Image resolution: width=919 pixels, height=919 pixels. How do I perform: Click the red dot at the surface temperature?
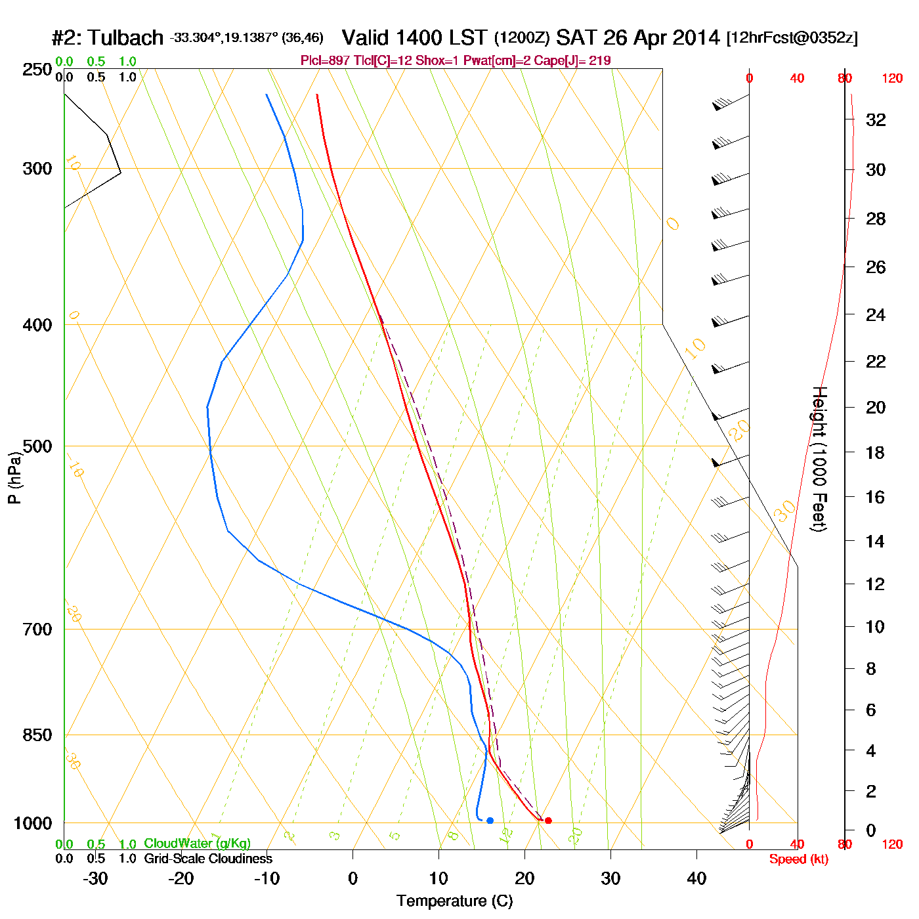pyautogui.click(x=548, y=821)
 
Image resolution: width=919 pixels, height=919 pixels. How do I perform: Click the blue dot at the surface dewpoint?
pyautogui.click(x=490, y=821)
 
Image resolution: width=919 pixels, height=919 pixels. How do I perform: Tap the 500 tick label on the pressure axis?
pyautogui.click(x=37, y=446)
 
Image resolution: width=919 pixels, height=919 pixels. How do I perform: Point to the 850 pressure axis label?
pyautogui.click(x=37, y=735)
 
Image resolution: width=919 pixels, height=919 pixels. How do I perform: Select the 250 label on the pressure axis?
pyautogui.click(x=37, y=70)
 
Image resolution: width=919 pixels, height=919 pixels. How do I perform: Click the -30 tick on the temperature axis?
pyautogui.click(x=95, y=878)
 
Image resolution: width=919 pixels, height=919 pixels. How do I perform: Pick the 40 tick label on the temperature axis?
pyautogui.click(x=696, y=878)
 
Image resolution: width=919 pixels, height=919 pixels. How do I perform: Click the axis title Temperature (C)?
pyautogui.click(x=454, y=901)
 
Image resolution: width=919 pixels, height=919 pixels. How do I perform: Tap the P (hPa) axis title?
pyautogui.click(x=14, y=477)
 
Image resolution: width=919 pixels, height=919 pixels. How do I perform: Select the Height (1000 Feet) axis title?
pyautogui.click(x=819, y=459)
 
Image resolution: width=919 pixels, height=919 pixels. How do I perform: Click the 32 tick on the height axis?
pyautogui.click(x=876, y=120)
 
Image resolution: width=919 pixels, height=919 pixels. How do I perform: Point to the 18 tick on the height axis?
pyautogui.click(x=875, y=452)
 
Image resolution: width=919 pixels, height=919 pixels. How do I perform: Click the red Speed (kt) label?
pyautogui.click(x=799, y=859)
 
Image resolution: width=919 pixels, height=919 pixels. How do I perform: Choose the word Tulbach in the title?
pyautogui.click(x=125, y=38)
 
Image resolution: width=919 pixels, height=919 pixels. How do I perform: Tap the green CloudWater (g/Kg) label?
pyautogui.click(x=197, y=844)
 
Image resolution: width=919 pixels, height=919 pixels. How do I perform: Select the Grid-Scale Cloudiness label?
pyautogui.click(x=208, y=859)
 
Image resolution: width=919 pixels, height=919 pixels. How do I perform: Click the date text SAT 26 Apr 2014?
pyautogui.click(x=638, y=38)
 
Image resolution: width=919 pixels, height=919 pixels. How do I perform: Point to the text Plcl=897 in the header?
pyautogui.click(x=325, y=61)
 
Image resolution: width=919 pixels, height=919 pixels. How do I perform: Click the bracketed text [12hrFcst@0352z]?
pyautogui.click(x=792, y=38)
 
